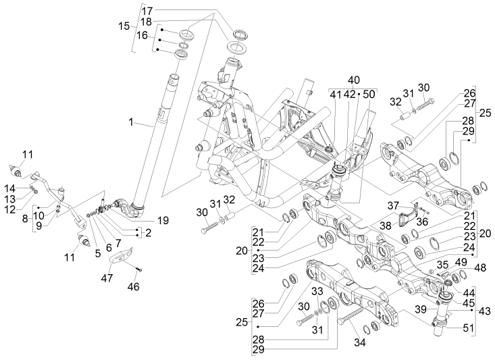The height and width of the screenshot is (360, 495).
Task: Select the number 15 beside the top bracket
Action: point(124,26)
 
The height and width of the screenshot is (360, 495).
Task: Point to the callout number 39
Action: point(421,309)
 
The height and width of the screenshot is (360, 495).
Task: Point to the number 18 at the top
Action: point(147,22)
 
